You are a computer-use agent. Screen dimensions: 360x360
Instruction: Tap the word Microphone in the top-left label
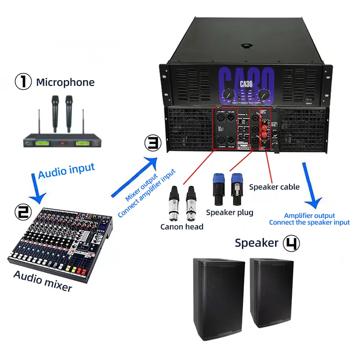coord(65,83)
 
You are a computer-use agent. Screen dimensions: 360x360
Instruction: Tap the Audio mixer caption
coord(43,281)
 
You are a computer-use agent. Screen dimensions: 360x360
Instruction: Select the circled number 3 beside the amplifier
coord(152,144)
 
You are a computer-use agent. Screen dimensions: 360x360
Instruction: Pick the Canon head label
coord(182,226)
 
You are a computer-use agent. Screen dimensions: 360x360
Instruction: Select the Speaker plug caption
coord(229,212)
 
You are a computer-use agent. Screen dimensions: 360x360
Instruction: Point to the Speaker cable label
coord(274,187)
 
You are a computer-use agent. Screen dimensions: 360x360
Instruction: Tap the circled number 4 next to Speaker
coord(290,243)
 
